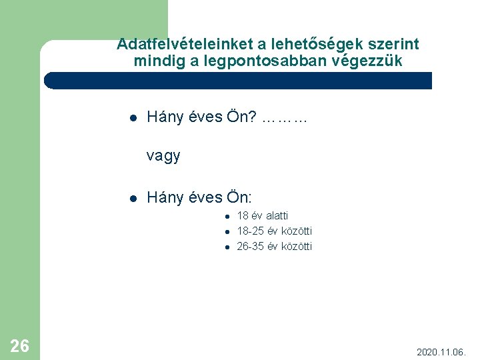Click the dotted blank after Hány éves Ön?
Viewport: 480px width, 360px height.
pyautogui.click(x=285, y=119)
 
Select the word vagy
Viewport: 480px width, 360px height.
pyautogui.click(x=163, y=157)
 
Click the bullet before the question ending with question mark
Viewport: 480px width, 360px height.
pyautogui.click(x=133, y=119)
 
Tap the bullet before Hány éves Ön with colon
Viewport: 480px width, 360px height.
pyautogui.click(x=133, y=198)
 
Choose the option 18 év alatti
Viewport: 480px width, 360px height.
pyautogui.click(x=263, y=216)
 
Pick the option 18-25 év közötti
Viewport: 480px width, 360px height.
pyautogui.click(x=275, y=231)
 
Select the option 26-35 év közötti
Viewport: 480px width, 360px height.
pyautogui.click(x=275, y=247)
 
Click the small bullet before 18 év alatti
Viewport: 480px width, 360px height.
pyautogui.click(x=227, y=216)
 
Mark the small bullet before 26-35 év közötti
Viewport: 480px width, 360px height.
pyautogui.click(x=227, y=247)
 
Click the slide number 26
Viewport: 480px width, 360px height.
pyautogui.click(x=20, y=345)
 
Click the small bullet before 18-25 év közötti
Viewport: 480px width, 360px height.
pyautogui.click(x=227, y=232)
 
